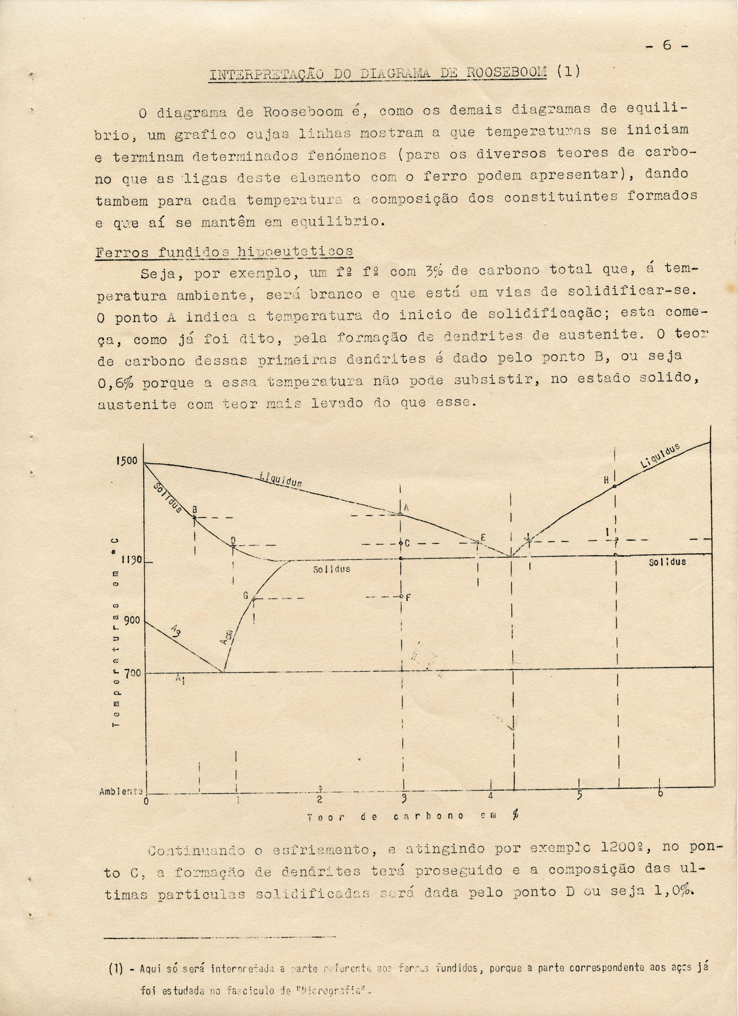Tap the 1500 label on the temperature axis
(x=128, y=462)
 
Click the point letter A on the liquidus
(x=407, y=508)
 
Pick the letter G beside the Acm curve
(x=245, y=596)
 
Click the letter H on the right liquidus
(x=606, y=481)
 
